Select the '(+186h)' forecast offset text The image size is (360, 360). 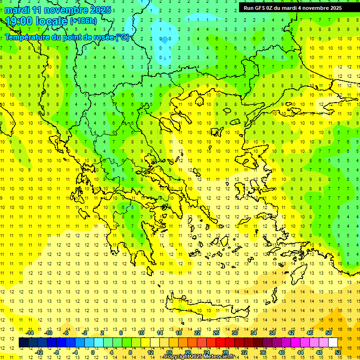83,21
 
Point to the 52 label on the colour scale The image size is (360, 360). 338,352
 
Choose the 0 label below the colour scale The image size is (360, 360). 93,352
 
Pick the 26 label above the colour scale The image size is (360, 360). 216,333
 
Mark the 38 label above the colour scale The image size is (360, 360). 272,333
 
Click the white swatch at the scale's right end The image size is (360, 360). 333,343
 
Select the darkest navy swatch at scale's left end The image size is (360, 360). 23,343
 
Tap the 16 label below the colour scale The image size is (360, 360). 169,352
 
